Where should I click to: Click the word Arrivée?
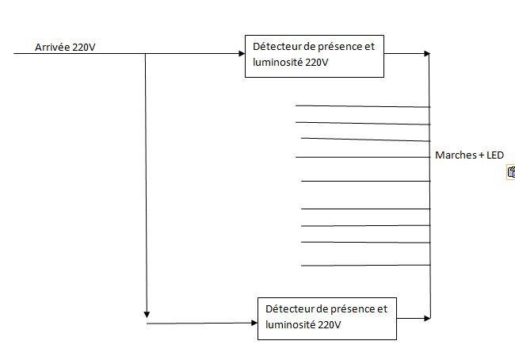[x=52, y=48]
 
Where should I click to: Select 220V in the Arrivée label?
[x=84, y=48]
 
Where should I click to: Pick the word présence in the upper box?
[x=336, y=46]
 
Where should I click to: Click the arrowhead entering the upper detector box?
[x=242, y=54]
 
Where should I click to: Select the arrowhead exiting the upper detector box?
[x=427, y=54]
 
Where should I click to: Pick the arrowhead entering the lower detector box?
[x=254, y=323]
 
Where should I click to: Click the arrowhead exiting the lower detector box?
[x=427, y=318]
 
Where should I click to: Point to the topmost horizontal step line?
[x=363, y=105]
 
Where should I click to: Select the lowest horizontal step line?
[x=365, y=266]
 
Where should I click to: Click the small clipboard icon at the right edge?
[x=511, y=172]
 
